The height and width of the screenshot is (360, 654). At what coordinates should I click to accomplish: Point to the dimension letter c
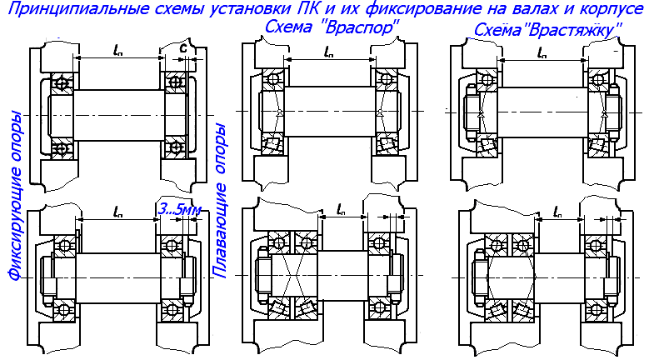(183, 48)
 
